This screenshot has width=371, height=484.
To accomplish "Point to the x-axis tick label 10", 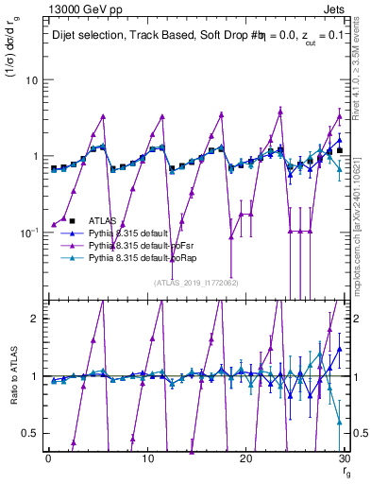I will coord(147,459).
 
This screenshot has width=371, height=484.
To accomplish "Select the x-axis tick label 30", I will coord(346,459).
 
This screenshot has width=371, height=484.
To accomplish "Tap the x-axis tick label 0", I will coord(48,459).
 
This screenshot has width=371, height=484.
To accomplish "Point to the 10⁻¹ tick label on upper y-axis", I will coord(28,232).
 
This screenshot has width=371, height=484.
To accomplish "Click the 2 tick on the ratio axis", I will coord(34,319).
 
